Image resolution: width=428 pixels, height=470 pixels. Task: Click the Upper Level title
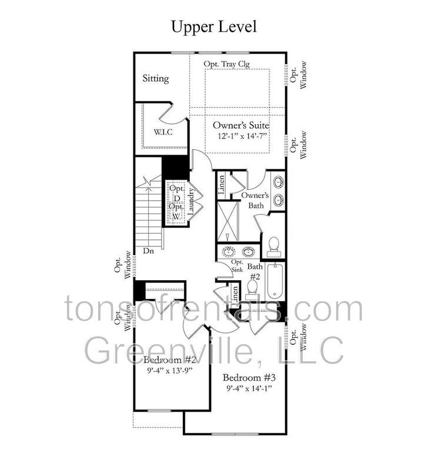pyautogui.click(x=214, y=27)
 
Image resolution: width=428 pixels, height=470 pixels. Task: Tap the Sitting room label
pyautogui.click(x=156, y=79)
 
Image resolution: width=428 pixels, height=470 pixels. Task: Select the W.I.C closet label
pyautogui.click(x=163, y=132)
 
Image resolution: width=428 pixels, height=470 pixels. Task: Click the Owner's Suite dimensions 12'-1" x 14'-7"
pyautogui.click(x=242, y=136)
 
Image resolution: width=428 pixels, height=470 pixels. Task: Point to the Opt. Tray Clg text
pyautogui.click(x=226, y=64)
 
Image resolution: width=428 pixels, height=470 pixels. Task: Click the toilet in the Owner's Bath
pyautogui.click(x=273, y=247)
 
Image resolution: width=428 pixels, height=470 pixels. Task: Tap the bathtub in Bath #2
pyautogui.click(x=275, y=281)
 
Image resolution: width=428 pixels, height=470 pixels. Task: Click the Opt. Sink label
pyautogui.click(x=237, y=266)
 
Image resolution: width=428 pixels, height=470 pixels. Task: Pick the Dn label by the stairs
pyautogui.click(x=148, y=251)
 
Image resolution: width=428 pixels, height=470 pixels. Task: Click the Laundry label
pyautogui.click(x=191, y=201)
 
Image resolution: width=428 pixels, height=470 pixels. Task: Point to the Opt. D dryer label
pyautogui.click(x=177, y=193)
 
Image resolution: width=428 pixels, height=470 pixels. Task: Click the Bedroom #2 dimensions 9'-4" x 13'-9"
pyautogui.click(x=169, y=370)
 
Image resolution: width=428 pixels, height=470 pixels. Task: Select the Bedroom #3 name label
pyautogui.click(x=249, y=377)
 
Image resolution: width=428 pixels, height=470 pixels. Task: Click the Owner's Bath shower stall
pyautogui.click(x=228, y=221)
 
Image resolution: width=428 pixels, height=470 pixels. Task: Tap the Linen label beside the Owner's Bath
pyautogui.click(x=221, y=186)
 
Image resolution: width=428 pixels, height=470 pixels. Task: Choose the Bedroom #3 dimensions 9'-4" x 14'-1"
pyautogui.click(x=249, y=388)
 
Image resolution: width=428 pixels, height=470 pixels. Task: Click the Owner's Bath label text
pyautogui.click(x=255, y=200)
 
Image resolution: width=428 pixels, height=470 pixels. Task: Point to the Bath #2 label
pyautogui.click(x=255, y=271)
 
